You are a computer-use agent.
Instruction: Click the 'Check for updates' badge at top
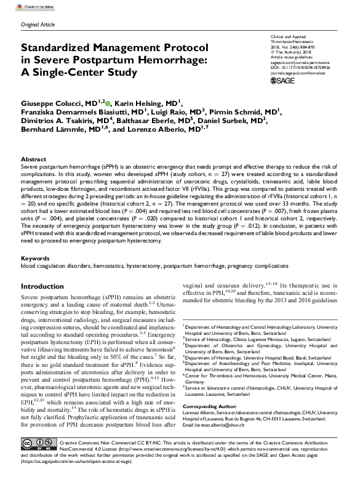[x=36, y=5]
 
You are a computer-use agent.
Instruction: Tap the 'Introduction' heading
[x=47, y=287]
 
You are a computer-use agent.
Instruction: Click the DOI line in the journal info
[x=304, y=65]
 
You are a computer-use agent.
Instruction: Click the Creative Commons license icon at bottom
[x=36, y=460]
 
